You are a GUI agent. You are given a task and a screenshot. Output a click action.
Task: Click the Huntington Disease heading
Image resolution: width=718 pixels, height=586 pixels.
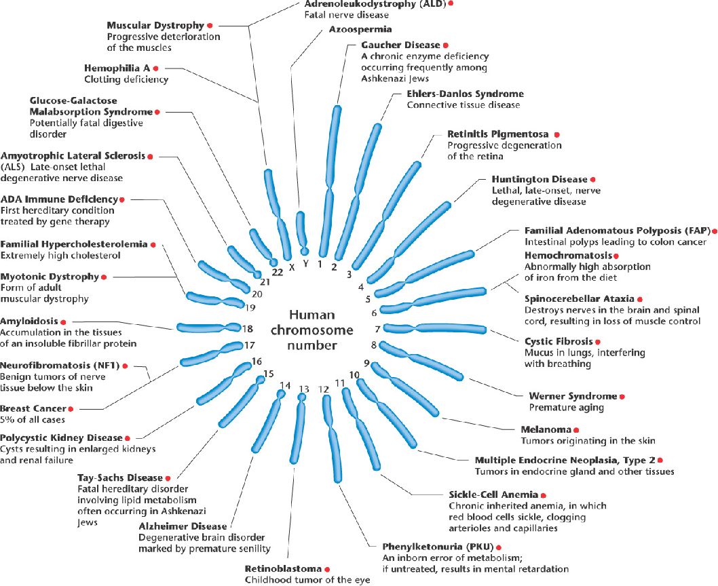tap(539, 179)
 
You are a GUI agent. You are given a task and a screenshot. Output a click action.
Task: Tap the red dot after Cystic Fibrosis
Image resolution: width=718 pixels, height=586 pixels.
tap(598, 341)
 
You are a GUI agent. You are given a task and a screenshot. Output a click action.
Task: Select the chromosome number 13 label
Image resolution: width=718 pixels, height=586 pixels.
tap(303, 389)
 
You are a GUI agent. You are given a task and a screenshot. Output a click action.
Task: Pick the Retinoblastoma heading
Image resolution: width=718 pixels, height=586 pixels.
tap(283, 568)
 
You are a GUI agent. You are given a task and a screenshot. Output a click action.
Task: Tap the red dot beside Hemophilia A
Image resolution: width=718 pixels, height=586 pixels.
tap(155, 69)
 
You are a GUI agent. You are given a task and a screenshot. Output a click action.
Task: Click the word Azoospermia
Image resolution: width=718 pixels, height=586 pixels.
tap(360, 29)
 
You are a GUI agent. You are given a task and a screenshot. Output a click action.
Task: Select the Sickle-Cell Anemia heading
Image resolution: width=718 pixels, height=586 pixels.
tap(493, 494)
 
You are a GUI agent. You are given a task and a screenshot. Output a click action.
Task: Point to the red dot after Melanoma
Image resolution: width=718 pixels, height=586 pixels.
tap(576, 429)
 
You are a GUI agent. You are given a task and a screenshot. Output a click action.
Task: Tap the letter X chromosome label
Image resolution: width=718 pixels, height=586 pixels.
tap(291, 267)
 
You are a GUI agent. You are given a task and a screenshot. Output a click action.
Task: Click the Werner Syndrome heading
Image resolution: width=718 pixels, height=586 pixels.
tap(573, 396)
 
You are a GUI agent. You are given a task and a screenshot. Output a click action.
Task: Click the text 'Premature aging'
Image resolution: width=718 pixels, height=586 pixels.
tap(566, 408)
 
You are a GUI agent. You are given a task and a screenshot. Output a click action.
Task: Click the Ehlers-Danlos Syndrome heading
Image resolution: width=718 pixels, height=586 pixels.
tap(465, 94)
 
